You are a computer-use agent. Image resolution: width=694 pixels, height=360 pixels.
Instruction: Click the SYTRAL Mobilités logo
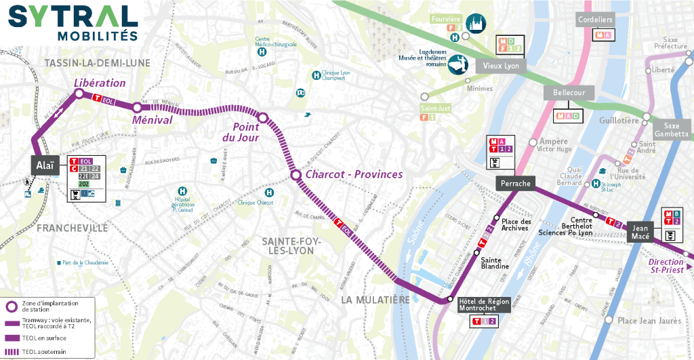pyautogui.click(x=73, y=22)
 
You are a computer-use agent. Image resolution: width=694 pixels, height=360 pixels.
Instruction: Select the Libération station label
pyautogui.click(x=100, y=83)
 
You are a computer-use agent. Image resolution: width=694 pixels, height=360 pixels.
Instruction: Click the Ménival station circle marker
pyautogui.click(x=137, y=107)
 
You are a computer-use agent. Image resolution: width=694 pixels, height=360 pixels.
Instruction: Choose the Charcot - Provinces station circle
pyautogui.click(x=295, y=175)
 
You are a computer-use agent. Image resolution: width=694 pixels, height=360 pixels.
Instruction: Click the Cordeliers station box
pyautogui.click(x=595, y=20)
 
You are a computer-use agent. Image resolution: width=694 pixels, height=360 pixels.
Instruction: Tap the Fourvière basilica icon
pyautogui.click(x=478, y=22)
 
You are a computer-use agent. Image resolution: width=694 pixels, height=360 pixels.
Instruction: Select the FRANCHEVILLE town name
pyautogui.click(x=72, y=228)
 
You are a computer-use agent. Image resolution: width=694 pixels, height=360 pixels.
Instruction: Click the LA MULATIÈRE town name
pyautogui.click(x=375, y=299)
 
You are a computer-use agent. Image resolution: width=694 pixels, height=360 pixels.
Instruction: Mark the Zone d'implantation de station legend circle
pyautogui.click(x=12, y=306)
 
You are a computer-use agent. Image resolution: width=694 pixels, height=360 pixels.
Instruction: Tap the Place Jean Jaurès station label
pyautogui.click(x=649, y=321)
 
